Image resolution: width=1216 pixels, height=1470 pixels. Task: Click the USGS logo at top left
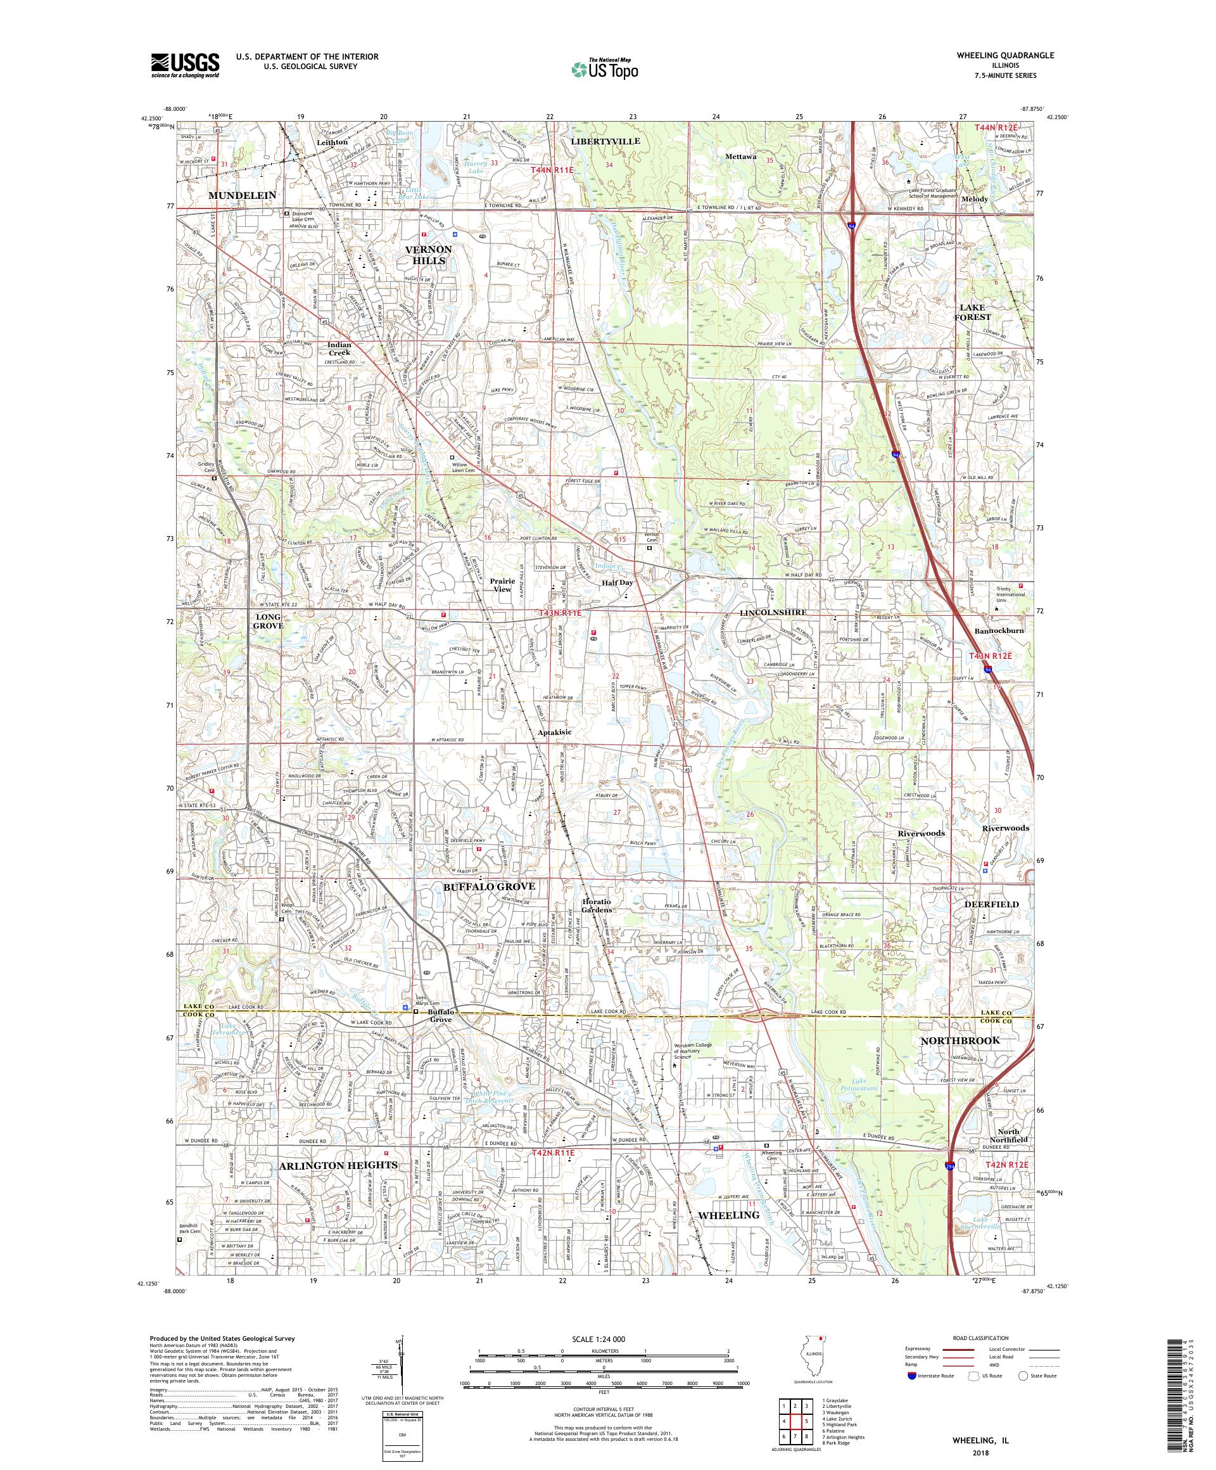(186, 65)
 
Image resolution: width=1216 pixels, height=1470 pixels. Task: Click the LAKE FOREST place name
(972, 312)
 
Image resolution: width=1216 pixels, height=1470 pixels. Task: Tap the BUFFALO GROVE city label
(489, 886)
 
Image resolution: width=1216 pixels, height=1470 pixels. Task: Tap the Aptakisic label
(555, 732)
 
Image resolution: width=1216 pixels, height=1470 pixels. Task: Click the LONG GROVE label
(269, 621)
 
